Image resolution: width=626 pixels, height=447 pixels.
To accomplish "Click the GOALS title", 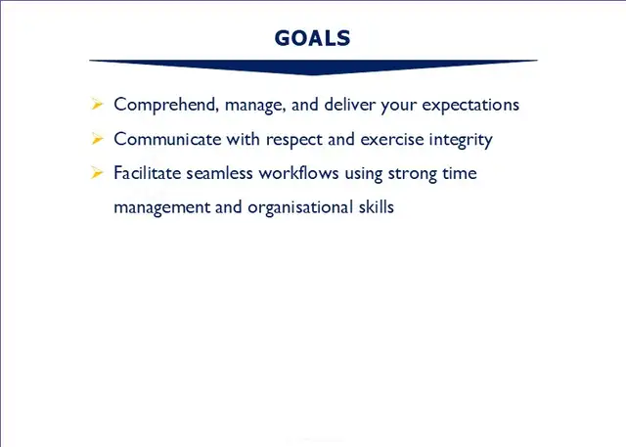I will coord(312,38).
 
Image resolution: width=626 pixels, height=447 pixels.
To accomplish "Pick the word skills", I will coord(375,207).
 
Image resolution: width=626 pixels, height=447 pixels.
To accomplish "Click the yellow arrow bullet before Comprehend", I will coord(97,104).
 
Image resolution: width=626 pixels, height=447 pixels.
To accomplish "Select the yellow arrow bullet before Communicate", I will coord(97,139).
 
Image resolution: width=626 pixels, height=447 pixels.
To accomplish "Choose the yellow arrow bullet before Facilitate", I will coord(97,173).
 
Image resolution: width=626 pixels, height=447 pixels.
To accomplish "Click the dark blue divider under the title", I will coord(313,65).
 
